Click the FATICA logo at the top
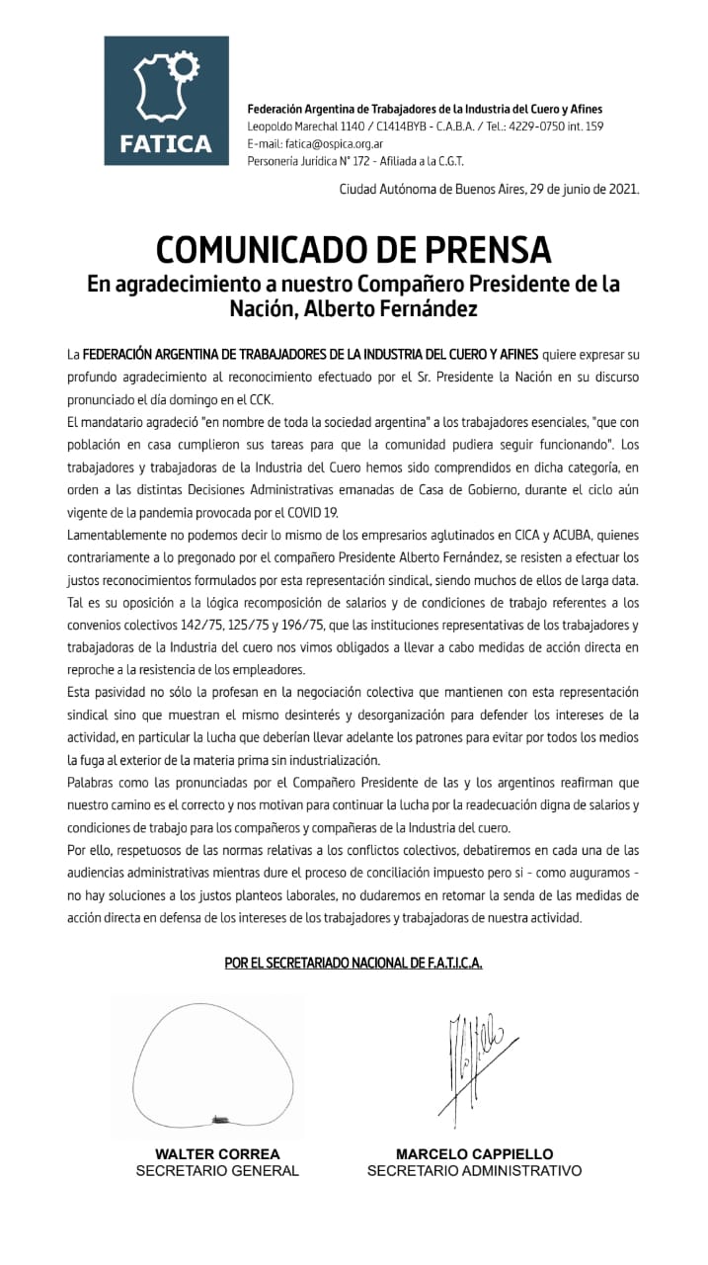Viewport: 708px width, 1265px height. [x=166, y=101]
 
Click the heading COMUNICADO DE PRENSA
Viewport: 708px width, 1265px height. [x=354, y=248]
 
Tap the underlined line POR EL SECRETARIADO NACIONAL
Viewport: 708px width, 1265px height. [x=354, y=962]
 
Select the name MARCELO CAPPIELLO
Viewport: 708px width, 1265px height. [x=474, y=1153]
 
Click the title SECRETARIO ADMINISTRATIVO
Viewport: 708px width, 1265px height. [x=474, y=1171]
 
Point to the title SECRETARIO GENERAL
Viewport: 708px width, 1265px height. [x=217, y=1171]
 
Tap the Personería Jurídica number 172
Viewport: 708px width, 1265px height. [x=364, y=161]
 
